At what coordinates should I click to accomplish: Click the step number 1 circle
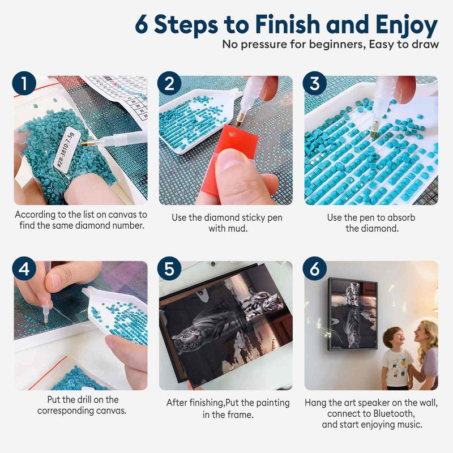[24, 83]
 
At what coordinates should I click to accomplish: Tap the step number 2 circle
[169, 83]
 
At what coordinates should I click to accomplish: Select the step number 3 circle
[315, 83]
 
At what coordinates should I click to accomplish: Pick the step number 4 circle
[24, 268]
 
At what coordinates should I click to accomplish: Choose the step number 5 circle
[169, 268]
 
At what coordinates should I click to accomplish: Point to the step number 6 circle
[315, 268]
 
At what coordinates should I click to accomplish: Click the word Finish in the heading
[288, 24]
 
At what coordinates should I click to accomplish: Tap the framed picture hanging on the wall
[353, 314]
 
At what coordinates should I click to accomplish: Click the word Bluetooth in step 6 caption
[394, 414]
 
